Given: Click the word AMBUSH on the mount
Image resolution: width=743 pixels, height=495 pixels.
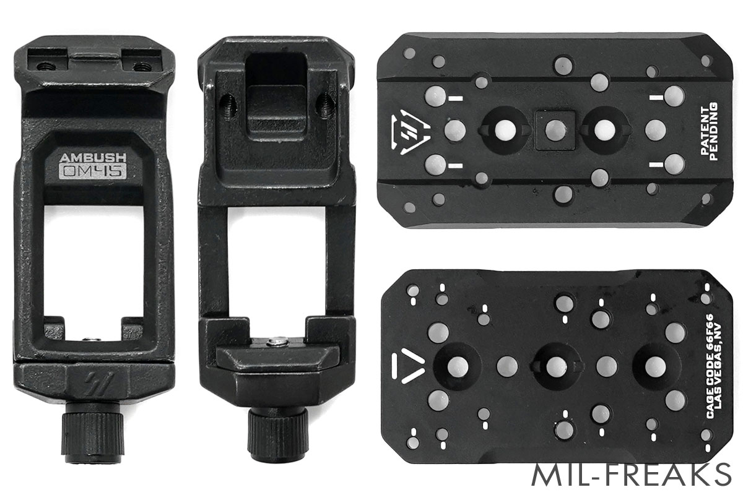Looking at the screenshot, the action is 93,158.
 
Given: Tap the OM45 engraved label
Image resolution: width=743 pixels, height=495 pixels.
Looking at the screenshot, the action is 93,171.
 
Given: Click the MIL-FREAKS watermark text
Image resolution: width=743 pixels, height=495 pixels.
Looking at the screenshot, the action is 632,475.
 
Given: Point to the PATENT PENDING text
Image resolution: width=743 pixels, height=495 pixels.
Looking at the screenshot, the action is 709,131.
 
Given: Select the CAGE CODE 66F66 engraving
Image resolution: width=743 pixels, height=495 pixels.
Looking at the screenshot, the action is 709,366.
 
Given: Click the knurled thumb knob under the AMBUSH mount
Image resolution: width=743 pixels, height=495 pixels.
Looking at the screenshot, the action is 93,432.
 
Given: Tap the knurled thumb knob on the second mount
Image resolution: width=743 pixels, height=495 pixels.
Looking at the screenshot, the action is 278,434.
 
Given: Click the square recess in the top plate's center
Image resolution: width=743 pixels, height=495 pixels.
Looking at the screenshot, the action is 555,130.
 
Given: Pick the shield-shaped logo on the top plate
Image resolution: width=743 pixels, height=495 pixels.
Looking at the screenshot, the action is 411,132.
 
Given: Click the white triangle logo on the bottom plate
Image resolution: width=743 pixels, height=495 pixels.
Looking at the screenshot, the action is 408,366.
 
